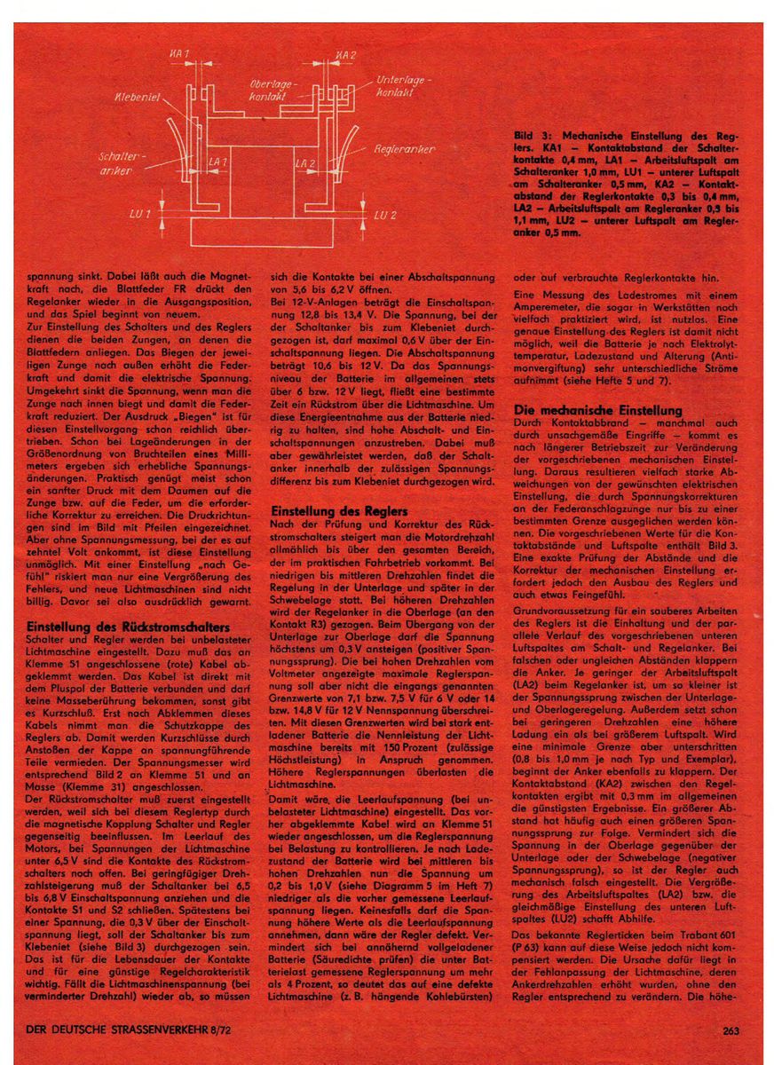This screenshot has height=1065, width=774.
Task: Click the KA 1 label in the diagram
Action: point(180,55)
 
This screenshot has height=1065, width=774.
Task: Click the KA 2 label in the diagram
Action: point(346,55)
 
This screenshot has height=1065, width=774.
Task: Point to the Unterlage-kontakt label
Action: point(404,86)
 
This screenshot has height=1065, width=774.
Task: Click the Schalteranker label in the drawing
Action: point(114,162)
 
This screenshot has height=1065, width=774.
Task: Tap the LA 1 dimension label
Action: point(217,162)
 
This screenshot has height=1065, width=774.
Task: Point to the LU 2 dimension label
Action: point(383,215)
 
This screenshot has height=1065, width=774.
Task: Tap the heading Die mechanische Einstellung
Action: point(598,410)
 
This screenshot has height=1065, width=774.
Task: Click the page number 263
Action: point(732,1031)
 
